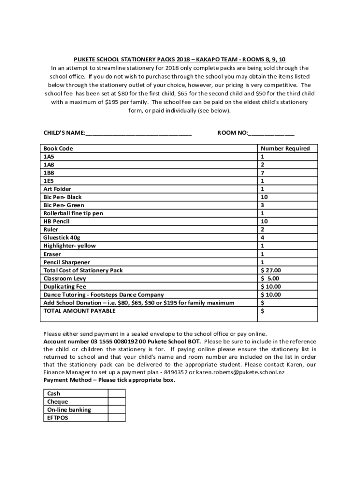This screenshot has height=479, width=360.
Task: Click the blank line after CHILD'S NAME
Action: tap(138, 133)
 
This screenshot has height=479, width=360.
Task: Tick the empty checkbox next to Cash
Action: tap(117, 393)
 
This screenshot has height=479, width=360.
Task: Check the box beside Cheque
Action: tap(117, 401)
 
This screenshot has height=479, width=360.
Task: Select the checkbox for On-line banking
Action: tap(117, 410)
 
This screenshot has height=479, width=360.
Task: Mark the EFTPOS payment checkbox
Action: tap(117, 418)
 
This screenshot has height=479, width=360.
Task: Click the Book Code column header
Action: tap(58, 148)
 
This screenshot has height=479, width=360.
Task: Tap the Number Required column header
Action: tap(285, 148)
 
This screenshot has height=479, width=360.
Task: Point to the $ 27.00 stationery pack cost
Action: tap(271, 270)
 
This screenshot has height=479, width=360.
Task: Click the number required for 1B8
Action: tap(263, 173)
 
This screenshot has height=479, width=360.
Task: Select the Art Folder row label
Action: tap(58, 189)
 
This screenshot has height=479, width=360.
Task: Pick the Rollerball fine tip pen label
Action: tap(73, 213)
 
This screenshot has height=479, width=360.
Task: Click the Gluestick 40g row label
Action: tap(62, 238)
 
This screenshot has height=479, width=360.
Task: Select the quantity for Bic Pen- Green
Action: tap(263, 205)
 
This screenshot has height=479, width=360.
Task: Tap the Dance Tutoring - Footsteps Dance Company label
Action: tap(104, 295)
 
